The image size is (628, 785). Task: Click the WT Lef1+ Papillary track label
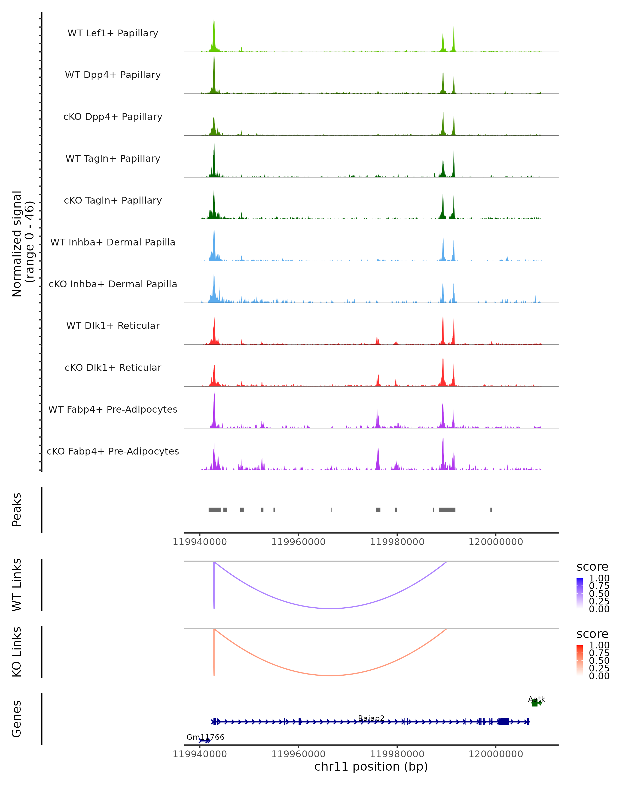(113, 33)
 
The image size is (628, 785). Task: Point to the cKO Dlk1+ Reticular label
(113, 367)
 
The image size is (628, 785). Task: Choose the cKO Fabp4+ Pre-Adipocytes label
(113, 451)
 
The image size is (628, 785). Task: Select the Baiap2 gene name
(371, 718)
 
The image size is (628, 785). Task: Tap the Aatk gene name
(537, 699)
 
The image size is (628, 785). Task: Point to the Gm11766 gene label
(205, 737)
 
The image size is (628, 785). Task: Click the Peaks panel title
(17, 509)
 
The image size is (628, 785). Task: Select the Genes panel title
(17, 719)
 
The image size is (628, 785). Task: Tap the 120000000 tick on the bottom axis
(496, 754)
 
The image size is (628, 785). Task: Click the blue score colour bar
(580, 593)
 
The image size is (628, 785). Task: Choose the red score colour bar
(580, 660)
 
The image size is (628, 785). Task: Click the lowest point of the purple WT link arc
(330, 608)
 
